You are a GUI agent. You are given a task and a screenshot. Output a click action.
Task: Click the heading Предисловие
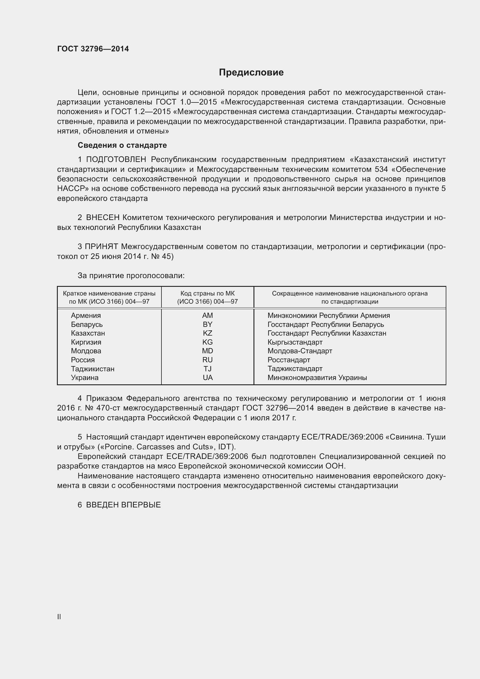point(251,73)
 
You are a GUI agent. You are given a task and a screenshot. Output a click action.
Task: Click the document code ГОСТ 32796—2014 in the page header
point(93,49)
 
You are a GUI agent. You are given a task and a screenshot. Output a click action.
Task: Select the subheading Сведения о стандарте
point(122,145)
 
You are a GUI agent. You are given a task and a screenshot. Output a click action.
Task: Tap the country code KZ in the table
point(207,333)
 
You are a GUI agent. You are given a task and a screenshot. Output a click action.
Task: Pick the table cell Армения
point(86,316)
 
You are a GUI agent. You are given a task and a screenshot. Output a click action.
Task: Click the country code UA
point(208,378)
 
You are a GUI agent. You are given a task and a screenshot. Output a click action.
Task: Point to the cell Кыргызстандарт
point(295,342)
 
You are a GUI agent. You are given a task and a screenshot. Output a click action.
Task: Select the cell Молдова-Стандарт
point(300,351)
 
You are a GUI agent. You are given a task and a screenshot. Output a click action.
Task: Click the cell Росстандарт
point(289,360)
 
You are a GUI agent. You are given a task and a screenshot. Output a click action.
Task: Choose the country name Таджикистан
point(93,369)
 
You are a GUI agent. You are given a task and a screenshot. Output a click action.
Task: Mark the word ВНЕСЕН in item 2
point(103,218)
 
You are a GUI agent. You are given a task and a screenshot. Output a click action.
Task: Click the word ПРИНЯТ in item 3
point(101,247)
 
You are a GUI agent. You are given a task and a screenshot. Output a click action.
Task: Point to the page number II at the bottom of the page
point(59,617)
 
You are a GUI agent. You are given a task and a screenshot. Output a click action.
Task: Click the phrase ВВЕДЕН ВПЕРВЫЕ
point(123,505)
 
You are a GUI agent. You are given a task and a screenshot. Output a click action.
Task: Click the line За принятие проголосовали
point(131,275)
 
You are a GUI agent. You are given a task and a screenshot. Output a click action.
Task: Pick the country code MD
point(207,351)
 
